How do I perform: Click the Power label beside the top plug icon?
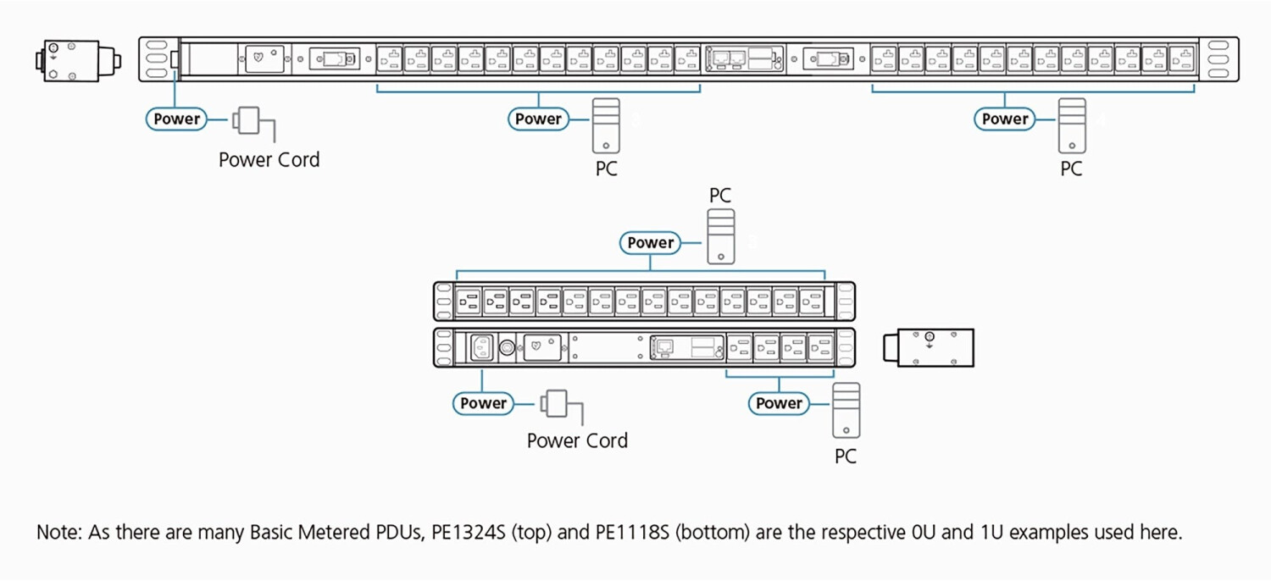point(177,119)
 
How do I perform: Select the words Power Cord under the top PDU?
point(269,160)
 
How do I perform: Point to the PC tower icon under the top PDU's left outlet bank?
point(605,125)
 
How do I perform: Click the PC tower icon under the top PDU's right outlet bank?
point(1071,125)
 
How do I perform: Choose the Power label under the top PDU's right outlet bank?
point(1005,119)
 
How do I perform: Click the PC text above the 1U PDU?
point(719,196)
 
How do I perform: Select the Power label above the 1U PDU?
point(650,243)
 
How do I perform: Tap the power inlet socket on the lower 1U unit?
point(481,347)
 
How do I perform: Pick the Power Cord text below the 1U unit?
point(577,440)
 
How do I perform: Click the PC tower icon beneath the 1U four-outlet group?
point(845,410)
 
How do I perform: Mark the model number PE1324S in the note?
point(464,533)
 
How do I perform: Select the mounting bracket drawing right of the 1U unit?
point(929,348)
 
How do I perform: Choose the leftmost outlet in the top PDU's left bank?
point(389,59)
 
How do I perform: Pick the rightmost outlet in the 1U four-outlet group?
point(819,347)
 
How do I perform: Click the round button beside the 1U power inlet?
point(508,347)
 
